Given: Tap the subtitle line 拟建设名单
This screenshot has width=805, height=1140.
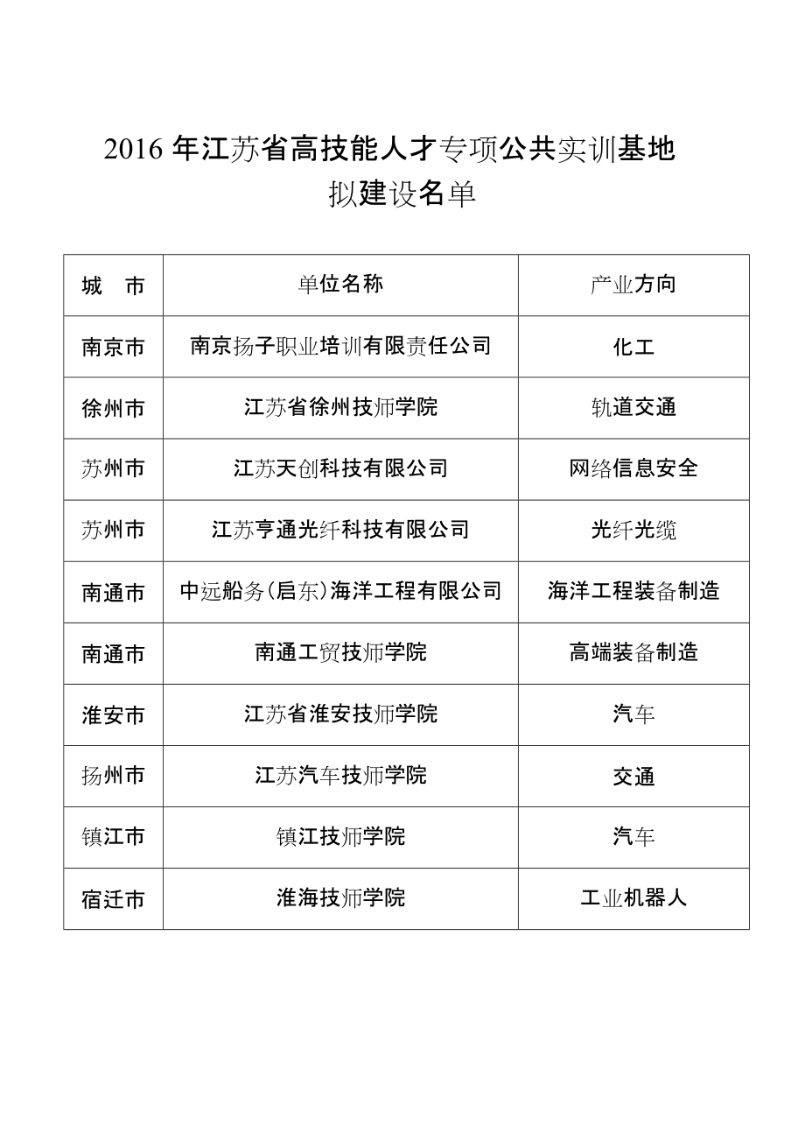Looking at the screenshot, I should click(x=402, y=194).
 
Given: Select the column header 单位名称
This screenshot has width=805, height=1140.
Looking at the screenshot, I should click(x=340, y=285).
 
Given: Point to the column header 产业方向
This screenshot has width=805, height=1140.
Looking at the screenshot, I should click(x=633, y=285).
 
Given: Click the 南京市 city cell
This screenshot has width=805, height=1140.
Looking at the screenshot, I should click(x=113, y=347).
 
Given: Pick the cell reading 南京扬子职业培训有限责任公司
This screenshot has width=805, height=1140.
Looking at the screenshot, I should click(x=340, y=346).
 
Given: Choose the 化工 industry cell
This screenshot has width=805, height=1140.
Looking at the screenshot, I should click(x=633, y=347).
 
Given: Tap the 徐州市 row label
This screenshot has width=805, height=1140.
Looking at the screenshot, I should click(x=113, y=408).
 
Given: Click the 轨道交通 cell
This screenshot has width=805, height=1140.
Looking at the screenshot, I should click(x=633, y=408).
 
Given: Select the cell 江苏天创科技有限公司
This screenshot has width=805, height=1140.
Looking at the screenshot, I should click(x=340, y=468).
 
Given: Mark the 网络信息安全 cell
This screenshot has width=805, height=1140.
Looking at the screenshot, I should click(x=633, y=468).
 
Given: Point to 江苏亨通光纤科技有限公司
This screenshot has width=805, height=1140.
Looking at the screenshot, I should click(x=340, y=530).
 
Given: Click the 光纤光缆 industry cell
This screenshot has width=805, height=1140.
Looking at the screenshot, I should click(x=633, y=530).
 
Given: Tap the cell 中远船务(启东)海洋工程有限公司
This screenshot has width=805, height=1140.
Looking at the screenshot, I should click(x=340, y=591).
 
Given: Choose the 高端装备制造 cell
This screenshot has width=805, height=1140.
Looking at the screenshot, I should click(x=633, y=652).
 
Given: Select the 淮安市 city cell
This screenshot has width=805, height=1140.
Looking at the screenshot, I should click(x=113, y=714).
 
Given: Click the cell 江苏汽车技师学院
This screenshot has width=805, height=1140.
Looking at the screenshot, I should click(x=340, y=775).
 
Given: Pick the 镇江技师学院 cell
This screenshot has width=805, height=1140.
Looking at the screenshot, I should click(x=340, y=836).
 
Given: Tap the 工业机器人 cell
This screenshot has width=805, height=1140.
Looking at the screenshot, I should click(x=633, y=898).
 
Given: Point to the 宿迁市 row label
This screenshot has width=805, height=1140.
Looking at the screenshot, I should click(x=113, y=899).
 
